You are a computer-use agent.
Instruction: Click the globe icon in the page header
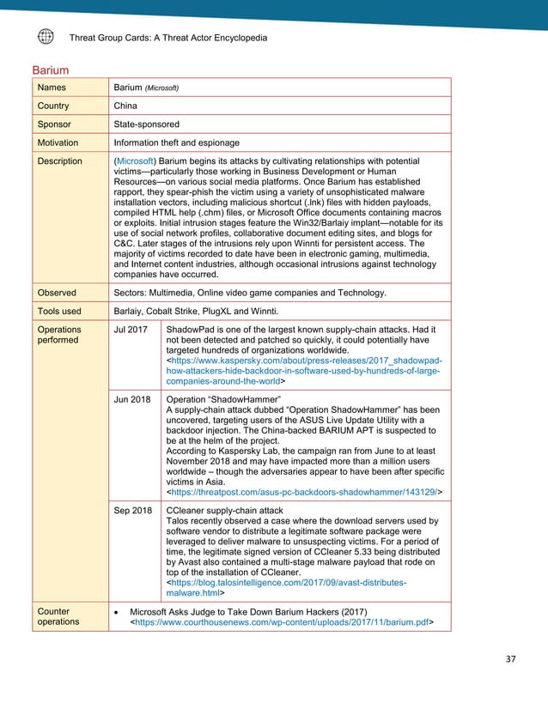(x=46, y=37)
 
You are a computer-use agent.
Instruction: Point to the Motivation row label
(x=58, y=142)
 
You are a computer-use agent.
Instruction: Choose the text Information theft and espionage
(x=176, y=142)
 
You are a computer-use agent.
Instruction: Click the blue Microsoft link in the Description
(x=136, y=161)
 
